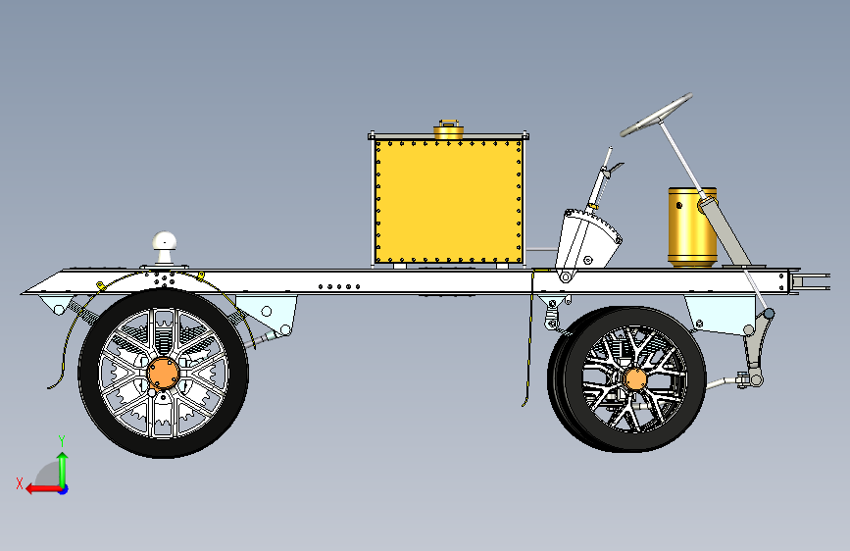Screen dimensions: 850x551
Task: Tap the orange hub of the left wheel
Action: (163, 373)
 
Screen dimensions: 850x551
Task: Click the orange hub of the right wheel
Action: (634, 378)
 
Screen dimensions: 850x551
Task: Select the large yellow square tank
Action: (446, 201)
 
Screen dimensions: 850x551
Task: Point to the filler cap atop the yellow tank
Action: (448, 128)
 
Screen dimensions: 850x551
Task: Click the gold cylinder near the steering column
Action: (690, 226)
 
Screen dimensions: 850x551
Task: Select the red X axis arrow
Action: (37, 487)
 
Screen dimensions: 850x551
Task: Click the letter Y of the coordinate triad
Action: (61, 440)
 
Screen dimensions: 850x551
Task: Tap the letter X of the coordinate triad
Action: (19, 482)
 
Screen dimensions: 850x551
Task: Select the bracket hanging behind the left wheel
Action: (275, 316)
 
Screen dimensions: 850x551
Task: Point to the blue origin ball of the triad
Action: (62, 488)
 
